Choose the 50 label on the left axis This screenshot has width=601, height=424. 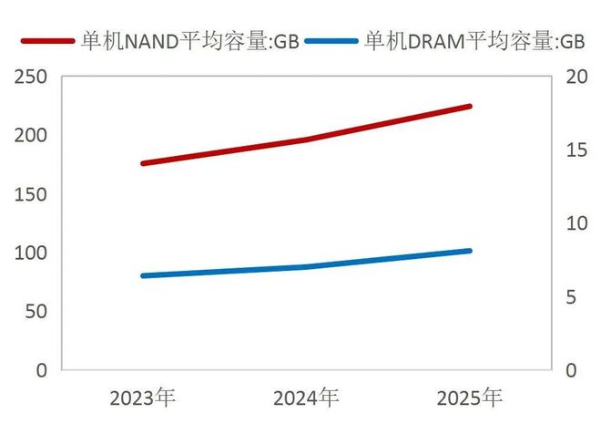pos(36,312)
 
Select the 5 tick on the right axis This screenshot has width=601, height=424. pos(571,297)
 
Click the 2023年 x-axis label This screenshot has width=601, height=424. pos(143,398)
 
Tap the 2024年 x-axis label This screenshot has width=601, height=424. pos(306,398)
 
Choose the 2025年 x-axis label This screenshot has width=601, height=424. pos(470,398)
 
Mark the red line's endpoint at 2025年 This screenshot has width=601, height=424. pos(470,106)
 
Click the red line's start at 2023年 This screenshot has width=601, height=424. pos(143,163)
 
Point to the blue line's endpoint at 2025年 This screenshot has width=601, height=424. pos(470,250)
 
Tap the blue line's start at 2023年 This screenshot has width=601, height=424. pos(143,275)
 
